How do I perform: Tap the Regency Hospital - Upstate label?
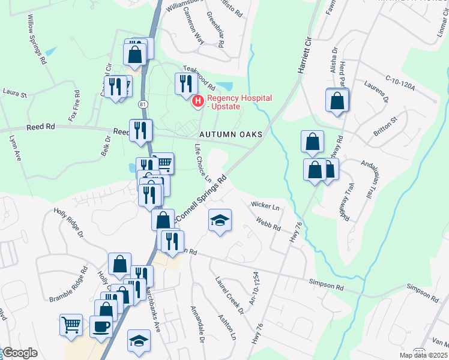click(x=239, y=102)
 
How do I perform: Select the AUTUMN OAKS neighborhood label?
click(x=231, y=134)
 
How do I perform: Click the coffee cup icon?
click(x=101, y=326)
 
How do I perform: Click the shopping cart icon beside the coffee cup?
click(x=71, y=325)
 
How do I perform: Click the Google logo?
click(x=20, y=353)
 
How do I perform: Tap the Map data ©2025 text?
click(x=423, y=355)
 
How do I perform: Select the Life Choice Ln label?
click(x=203, y=163)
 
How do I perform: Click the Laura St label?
click(x=15, y=94)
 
